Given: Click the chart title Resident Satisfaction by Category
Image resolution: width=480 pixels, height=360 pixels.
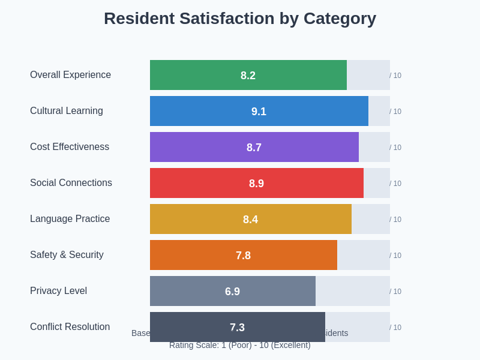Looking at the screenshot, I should point(240,19).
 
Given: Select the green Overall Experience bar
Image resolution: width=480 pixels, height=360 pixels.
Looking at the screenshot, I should point(198,75).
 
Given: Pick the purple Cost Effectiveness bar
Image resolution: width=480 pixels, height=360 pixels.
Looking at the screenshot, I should point(198,147).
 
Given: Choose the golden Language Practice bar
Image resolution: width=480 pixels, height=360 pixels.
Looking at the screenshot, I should point(198,219).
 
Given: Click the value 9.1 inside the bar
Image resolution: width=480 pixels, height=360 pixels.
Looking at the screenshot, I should point(259,112).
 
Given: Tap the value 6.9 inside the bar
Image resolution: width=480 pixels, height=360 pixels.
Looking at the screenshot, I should point(232,292).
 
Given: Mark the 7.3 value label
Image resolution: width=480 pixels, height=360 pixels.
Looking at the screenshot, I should point(237,328).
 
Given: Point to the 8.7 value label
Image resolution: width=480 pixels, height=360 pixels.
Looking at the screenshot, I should point(254,148).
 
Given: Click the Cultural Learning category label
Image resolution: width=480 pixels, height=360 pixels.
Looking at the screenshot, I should point(67,111).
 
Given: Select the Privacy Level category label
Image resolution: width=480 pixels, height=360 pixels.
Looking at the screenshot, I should point(58,291).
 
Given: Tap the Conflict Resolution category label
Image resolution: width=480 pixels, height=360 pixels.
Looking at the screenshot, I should point(70,327).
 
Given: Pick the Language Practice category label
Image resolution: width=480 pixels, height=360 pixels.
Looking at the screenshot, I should point(70,219).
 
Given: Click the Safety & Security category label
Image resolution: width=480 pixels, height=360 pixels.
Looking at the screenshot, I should point(67,255).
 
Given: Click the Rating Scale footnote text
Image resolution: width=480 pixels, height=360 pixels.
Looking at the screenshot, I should point(240,345).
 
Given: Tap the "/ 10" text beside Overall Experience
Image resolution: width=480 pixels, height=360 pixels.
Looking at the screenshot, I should point(395,76).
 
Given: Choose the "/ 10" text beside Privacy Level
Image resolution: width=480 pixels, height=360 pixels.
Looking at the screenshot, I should point(395,292).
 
